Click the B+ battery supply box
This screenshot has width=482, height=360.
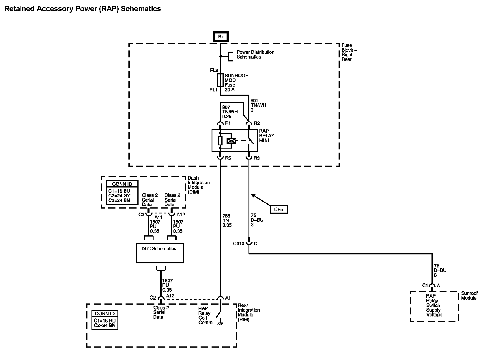pyautogui.click(x=221, y=37)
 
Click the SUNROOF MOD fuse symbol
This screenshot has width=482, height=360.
pyautogui.click(x=220, y=80)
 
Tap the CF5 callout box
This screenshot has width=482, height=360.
pyautogui.click(x=279, y=209)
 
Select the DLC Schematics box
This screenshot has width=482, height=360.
pyautogui.click(x=160, y=253)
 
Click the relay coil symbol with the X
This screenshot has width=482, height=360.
pyautogui.click(x=231, y=141)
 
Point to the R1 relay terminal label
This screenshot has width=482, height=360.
pyautogui.click(x=228, y=123)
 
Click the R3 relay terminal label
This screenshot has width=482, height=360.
pyautogui.click(x=257, y=158)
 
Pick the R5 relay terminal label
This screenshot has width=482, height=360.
pyautogui.click(x=228, y=158)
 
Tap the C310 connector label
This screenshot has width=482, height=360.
pyautogui.click(x=238, y=243)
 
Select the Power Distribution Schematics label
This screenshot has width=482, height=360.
pyautogui.click(x=255, y=55)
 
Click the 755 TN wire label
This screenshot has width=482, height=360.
pyautogui.click(x=227, y=220)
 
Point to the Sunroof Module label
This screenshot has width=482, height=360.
pyautogui.click(x=469, y=296)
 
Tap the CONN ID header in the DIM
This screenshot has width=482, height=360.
pyautogui.click(x=122, y=184)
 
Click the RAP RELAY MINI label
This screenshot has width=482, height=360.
pyautogui.click(x=267, y=136)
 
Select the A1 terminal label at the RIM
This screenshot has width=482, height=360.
pyautogui.click(x=228, y=298)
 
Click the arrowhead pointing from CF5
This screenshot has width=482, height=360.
pyautogui.click(x=253, y=195)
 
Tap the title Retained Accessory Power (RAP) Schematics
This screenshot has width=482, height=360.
pyautogui.click(x=83, y=9)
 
